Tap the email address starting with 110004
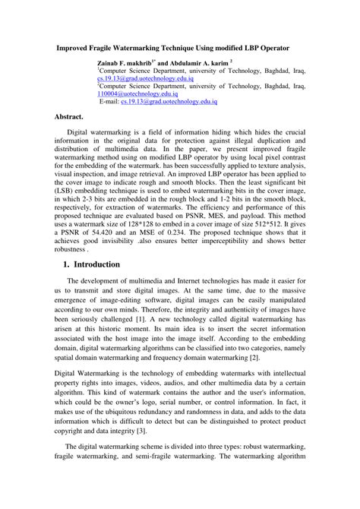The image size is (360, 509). pyautogui.click(x=137, y=93)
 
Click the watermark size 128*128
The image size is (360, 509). pyautogui.click(x=163, y=225)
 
